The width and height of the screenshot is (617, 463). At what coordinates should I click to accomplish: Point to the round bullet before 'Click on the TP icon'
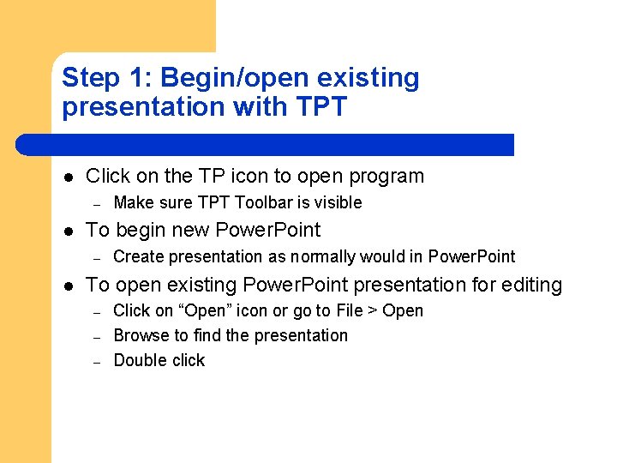68,177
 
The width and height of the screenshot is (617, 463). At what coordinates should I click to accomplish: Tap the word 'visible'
337,203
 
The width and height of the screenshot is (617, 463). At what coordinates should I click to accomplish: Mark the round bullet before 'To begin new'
68,231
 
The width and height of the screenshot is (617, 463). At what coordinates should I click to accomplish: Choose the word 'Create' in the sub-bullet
139,257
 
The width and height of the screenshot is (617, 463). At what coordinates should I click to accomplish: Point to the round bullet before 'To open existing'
68,286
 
